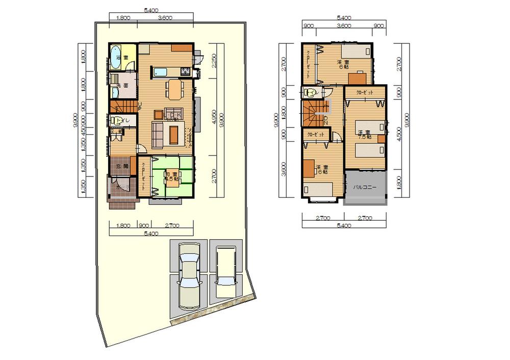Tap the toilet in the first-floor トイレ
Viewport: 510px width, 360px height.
pyautogui.click(x=116, y=121)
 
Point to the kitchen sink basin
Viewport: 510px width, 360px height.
pyautogui.click(x=161, y=71)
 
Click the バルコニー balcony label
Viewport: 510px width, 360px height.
pyautogui.click(x=365, y=188)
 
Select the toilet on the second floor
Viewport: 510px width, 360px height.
pyautogui.click(x=310, y=92)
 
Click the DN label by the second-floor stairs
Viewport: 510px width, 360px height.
pyautogui.click(x=325, y=121)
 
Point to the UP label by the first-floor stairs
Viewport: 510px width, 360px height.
pyautogui.click(x=139, y=106)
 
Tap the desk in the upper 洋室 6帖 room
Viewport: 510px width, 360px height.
pyautogui.click(x=358, y=77)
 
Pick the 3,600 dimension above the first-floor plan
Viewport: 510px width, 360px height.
pyautogui.click(x=165, y=17)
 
